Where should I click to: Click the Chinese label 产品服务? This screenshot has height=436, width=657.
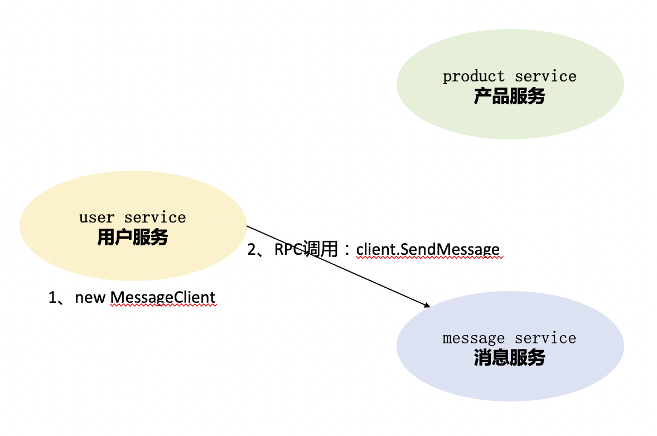(x=509, y=97)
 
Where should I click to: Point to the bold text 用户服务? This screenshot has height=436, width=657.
(x=133, y=238)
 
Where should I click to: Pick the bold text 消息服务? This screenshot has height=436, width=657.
(x=509, y=358)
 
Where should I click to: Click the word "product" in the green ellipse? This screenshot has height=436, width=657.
(x=474, y=76)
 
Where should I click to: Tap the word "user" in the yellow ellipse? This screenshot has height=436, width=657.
(x=96, y=217)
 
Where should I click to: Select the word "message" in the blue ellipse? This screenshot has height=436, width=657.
(x=474, y=338)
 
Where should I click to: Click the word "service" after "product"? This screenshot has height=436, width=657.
(x=545, y=76)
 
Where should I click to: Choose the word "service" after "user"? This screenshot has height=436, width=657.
(x=155, y=217)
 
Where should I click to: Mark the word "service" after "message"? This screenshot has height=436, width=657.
(x=545, y=338)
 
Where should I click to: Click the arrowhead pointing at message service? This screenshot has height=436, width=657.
(x=428, y=305)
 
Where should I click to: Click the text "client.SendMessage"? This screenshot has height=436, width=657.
(x=428, y=249)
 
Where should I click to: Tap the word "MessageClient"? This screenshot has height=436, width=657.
(x=163, y=297)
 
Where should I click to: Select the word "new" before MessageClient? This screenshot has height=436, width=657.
(x=90, y=298)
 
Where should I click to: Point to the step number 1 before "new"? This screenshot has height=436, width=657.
(x=53, y=298)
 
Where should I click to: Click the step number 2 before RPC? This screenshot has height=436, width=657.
(x=252, y=250)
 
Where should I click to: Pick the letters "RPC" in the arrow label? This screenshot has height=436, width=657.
(x=289, y=249)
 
